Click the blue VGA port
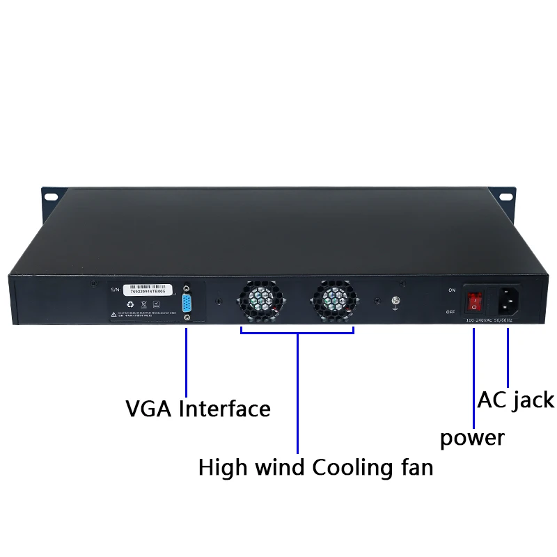pos(186,304)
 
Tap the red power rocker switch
pos(474,301)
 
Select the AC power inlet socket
pos(508,301)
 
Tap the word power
pos(472,438)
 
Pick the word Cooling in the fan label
pos(344,466)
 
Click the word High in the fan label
pos(222,466)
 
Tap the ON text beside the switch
pos(452,290)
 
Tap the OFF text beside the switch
pos(450,312)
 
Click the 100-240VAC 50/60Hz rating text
pos(489,320)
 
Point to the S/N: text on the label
pos(116,288)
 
